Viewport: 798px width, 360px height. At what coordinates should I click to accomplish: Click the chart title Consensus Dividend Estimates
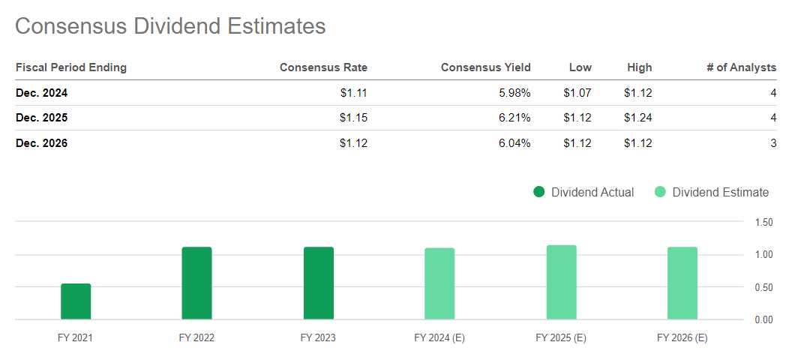170,26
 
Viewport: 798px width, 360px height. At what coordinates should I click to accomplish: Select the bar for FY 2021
76,301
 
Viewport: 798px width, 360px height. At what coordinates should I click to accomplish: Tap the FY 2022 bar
196,283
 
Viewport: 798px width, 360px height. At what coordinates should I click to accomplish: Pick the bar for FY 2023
319,283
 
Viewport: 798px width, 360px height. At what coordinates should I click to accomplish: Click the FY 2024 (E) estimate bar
439,283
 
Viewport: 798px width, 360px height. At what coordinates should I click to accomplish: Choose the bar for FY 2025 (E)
561,283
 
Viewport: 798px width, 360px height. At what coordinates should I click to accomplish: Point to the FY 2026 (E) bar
682,283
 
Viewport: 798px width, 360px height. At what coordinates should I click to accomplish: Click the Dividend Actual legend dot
538,192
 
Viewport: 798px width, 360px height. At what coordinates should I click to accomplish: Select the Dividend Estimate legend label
720,192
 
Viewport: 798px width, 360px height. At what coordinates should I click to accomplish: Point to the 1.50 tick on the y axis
763,222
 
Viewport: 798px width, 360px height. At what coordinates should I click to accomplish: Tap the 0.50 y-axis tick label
763,287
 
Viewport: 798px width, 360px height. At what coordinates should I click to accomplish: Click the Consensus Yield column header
485,67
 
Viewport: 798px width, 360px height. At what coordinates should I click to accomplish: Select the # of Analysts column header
741,67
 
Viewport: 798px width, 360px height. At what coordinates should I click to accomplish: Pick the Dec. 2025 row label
42,118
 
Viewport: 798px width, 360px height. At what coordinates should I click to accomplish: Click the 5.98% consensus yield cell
514,93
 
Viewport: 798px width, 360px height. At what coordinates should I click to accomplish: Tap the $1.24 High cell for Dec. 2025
637,118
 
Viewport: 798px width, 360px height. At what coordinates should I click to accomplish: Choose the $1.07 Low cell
577,93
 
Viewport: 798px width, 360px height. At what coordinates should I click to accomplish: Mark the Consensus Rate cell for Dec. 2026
353,142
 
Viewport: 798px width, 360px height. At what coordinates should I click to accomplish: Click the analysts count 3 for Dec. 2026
772,142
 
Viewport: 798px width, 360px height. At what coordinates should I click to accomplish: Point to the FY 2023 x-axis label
319,337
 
